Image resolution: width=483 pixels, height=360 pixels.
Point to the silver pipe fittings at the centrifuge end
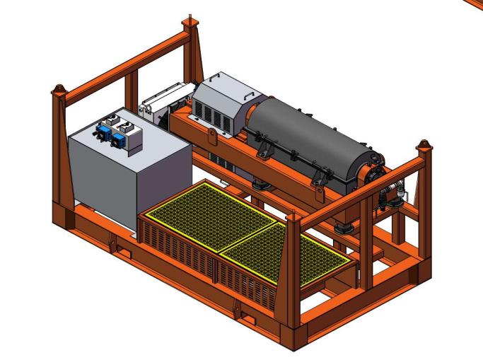click(x=393, y=194)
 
